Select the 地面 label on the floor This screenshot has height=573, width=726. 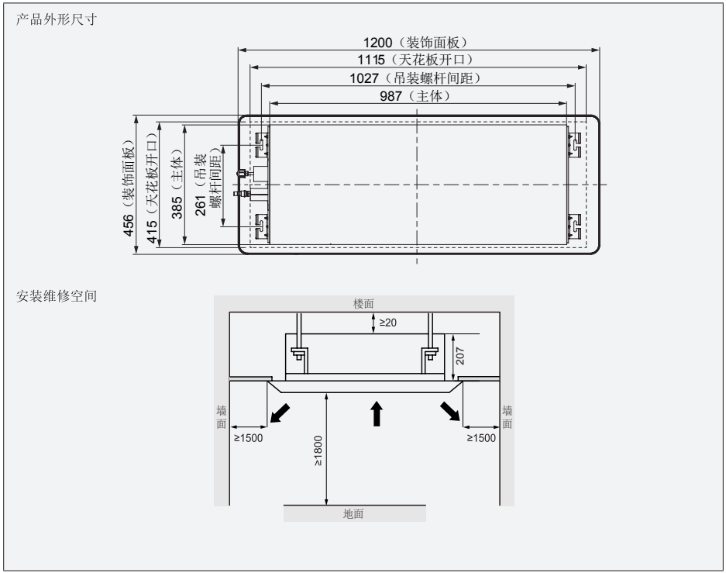[353, 513]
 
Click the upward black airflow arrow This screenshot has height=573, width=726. [377, 413]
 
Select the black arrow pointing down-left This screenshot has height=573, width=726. [281, 413]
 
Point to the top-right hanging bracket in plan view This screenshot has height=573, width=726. [575, 143]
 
